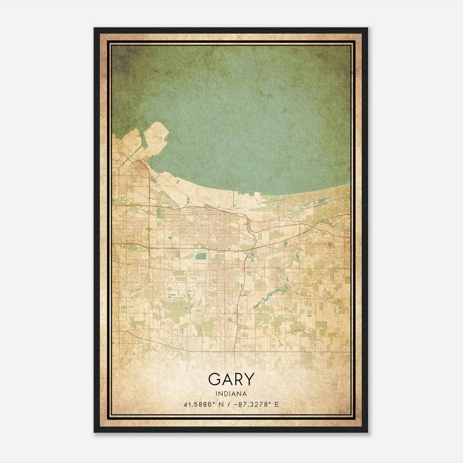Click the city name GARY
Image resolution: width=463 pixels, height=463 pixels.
click(231, 379)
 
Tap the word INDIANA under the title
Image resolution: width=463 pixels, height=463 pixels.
click(231, 394)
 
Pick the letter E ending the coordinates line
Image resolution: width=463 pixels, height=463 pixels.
click(277, 404)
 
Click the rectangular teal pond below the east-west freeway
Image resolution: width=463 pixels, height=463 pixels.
click(199, 256)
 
